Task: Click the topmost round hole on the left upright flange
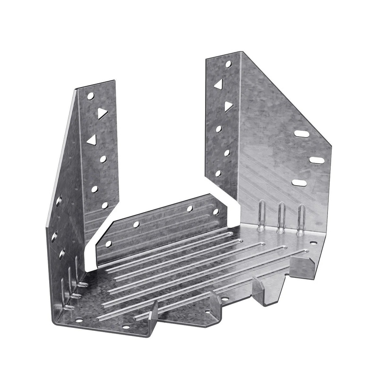pos(91,96)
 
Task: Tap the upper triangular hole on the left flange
pos(102,113)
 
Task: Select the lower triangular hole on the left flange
pos(92,139)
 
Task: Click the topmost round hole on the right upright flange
pos(228,63)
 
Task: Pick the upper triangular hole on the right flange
pos(218,84)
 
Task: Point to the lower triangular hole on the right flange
pos(228,106)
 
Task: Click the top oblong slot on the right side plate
pos(301,134)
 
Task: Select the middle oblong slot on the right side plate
pos(317,160)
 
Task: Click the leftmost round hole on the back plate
pos(108,244)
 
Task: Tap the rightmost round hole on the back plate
pos(216,212)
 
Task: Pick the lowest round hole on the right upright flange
pos(218,173)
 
